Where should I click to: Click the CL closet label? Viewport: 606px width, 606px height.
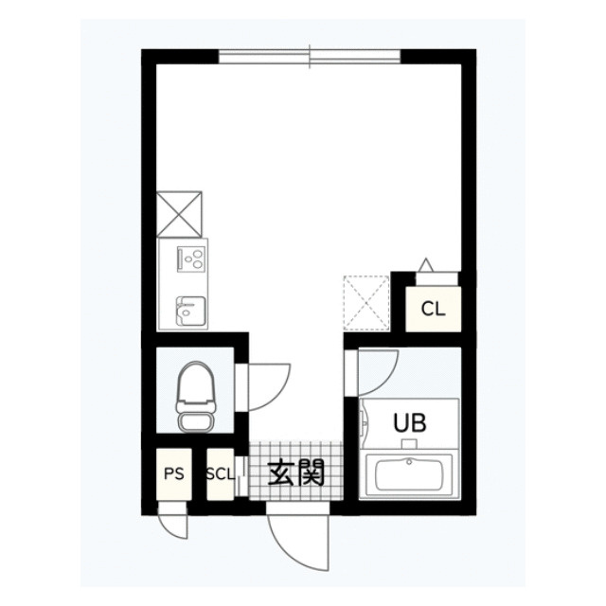(x=433, y=309)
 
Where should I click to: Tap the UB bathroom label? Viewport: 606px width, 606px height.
(x=410, y=422)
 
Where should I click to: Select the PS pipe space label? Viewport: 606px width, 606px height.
(x=174, y=473)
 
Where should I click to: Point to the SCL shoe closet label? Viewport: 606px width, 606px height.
(x=220, y=474)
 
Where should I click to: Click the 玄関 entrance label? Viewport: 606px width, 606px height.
(x=296, y=472)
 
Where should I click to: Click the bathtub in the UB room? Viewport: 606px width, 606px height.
(x=409, y=473)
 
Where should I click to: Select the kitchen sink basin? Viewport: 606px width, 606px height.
(x=190, y=312)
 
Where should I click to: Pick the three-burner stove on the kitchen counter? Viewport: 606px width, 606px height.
(x=190, y=258)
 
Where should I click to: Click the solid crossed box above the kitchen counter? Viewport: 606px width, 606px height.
(x=179, y=214)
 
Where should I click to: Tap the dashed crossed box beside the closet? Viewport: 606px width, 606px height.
(x=366, y=303)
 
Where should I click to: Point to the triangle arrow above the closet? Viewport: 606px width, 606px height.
(x=426, y=264)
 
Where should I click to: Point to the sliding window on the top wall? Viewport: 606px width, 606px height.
(x=310, y=57)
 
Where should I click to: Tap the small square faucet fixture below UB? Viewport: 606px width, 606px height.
(x=409, y=444)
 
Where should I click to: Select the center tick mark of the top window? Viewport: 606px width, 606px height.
(x=310, y=57)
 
